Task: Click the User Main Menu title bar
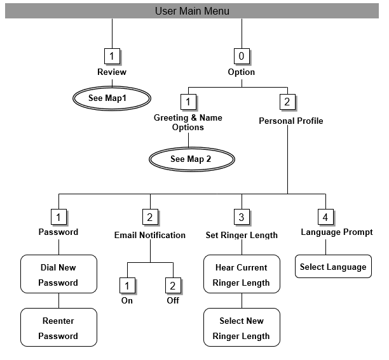pos(192,11)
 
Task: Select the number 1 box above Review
pos(112,57)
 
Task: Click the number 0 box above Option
pos(242,57)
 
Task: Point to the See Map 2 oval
pos(191,159)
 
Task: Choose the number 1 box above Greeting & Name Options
pos(188,102)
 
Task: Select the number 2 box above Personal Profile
pos(287,102)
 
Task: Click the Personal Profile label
pos(290,121)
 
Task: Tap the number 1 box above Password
pos(58,217)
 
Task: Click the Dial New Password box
pos(58,274)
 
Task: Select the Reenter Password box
pos(58,328)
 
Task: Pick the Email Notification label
pos(150,235)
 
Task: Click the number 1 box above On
pos(127,285)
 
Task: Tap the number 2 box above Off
pos(173,285)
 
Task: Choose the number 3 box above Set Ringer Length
pos(242,217)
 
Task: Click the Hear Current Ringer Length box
pos(242,274)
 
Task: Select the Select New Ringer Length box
pos(242,328)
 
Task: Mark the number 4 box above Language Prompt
pos(325,217)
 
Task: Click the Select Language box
pos(333,267)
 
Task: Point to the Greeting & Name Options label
pos(188,123)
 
